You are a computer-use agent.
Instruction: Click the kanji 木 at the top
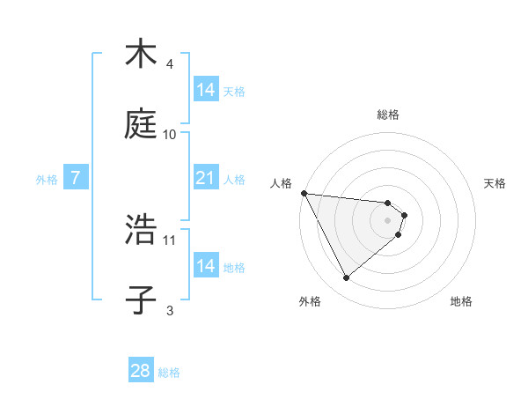140,55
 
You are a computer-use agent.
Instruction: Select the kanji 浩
140,229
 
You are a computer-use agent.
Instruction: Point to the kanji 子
140,298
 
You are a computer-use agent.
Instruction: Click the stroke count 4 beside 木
170,64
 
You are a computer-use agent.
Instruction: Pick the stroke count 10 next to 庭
170,134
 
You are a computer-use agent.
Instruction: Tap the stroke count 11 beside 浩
170,239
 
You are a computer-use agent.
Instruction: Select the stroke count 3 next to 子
170,309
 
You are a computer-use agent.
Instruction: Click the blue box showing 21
205,178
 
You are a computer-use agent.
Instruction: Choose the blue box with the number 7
76,178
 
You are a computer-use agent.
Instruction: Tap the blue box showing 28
141,371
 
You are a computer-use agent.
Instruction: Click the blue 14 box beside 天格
205,90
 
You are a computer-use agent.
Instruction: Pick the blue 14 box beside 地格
205,266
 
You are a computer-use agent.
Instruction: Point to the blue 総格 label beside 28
169,373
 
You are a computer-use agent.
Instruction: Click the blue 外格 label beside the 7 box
47,179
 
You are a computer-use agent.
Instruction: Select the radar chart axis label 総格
387,115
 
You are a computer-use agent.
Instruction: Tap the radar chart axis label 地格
461,301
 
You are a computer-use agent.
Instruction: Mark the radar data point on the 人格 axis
304,193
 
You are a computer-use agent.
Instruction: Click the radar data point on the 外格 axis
346,278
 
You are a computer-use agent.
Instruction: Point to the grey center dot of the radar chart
387,220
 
